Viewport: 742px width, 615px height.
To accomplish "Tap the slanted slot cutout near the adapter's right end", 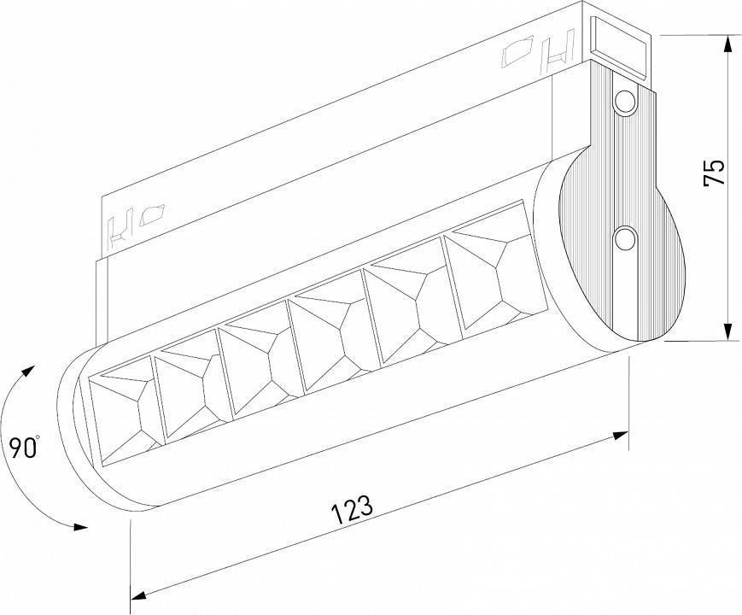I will point(517,55).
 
